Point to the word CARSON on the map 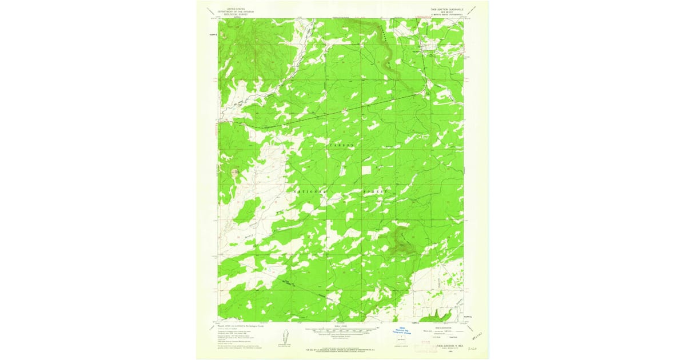coord(342,146)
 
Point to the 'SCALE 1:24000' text coord(342,326)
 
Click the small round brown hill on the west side coord(235,171)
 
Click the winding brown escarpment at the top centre coord(389,57)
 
